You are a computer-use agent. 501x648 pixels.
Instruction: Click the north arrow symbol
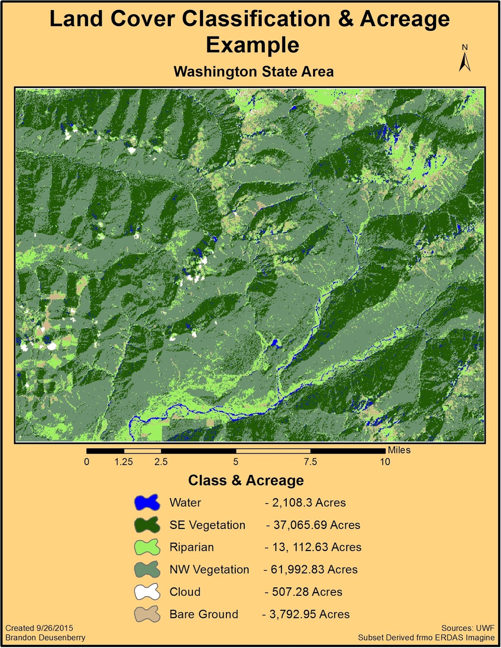(465, 61)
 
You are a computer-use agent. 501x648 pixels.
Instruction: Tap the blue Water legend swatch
(147, 503)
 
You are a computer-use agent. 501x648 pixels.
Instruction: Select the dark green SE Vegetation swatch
(147, 525)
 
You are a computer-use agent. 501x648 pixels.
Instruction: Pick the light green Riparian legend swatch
(147, 547)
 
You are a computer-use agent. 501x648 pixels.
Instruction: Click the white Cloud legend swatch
(147, 592)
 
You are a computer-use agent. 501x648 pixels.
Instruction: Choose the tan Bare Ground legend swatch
(147, 614)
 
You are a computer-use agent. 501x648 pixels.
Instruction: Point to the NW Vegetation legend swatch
(147, 569)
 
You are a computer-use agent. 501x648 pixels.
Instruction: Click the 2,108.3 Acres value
(308, 503)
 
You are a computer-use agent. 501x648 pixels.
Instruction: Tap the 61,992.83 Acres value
(313, 569)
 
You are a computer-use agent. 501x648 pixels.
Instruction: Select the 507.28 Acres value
(307, 592)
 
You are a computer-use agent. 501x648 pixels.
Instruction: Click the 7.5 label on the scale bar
(310, 462)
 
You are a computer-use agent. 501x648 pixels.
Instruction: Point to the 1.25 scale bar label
(124, 462)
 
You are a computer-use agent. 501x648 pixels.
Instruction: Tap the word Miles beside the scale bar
(399, 450)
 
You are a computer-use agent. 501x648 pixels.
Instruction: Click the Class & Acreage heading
(246, 480)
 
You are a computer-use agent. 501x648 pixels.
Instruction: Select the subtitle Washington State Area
(254, 72)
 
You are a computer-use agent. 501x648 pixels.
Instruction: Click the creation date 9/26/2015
(55, 628)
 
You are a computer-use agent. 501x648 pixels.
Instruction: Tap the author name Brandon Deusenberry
(45, 637)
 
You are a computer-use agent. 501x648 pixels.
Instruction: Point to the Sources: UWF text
(468, 628)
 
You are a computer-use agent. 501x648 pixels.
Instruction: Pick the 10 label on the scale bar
(385, 462)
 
